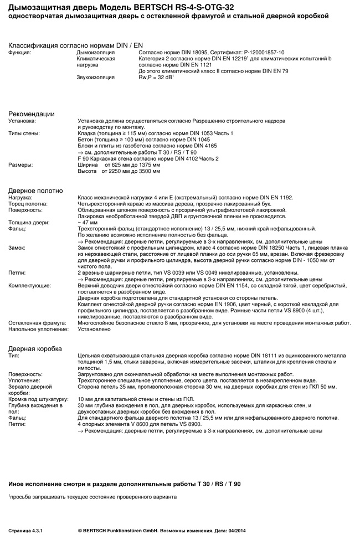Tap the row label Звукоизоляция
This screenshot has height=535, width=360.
point(95,77)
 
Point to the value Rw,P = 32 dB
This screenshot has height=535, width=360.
point(155,77)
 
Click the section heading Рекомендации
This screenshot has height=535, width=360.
point(31,114)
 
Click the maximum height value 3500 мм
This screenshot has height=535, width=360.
point(149,171)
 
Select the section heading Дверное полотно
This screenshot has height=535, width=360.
point(35,191)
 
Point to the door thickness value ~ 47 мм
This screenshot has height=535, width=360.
point(88,223)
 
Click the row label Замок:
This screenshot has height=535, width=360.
point(17,248)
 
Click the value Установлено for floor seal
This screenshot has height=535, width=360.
point(94,329)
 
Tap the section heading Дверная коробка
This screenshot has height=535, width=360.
point(35,348)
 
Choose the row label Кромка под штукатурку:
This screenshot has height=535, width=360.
point(38,399)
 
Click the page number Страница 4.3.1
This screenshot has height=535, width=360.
point(25,529)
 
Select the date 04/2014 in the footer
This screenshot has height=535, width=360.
point(235,529)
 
